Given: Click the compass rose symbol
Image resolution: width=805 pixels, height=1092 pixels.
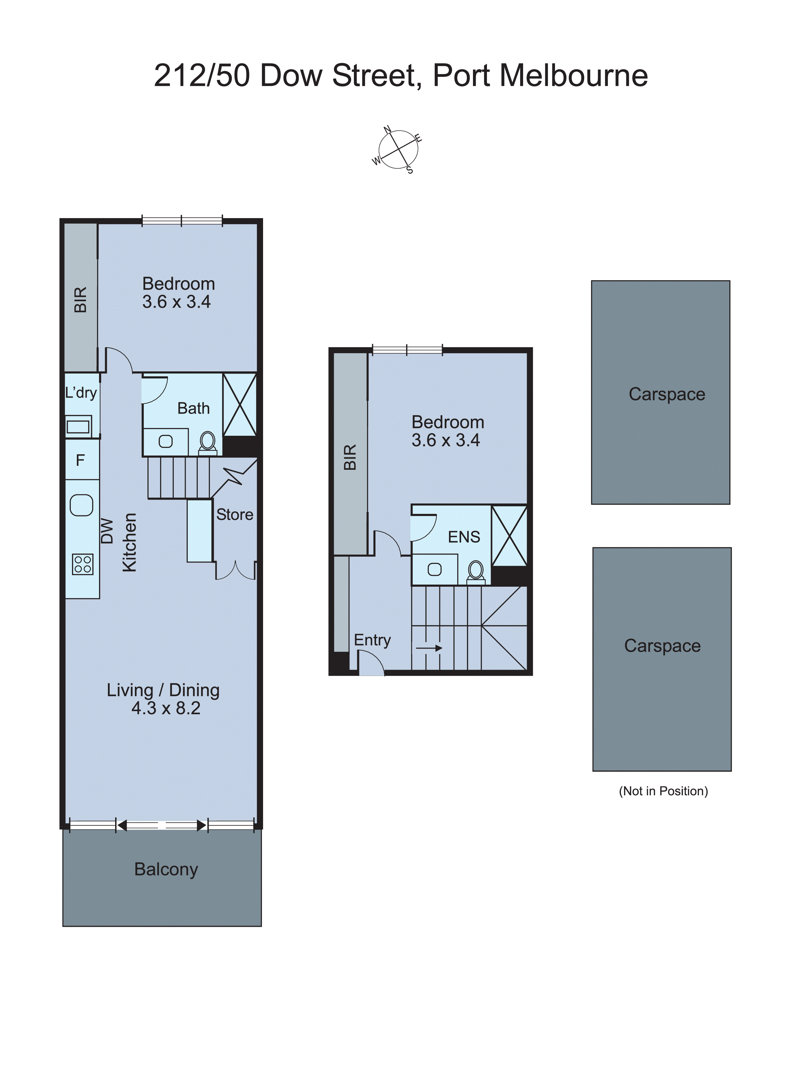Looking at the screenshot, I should [x=399, y=150].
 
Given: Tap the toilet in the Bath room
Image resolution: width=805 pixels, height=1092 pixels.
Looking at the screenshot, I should [x=208, y=442].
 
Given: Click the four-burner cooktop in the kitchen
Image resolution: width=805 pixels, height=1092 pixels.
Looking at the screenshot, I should [x=82, y=565].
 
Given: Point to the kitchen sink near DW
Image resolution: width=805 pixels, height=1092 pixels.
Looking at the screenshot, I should [x=81, y=505].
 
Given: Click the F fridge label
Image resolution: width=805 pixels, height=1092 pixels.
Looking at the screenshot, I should [x=80, y=460].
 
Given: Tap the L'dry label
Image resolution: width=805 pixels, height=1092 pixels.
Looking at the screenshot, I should [x=81, y=393].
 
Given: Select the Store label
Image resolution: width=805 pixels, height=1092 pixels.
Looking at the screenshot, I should [x=235, y=515].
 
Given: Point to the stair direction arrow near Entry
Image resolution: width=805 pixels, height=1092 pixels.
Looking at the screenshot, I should [x=429, y=648].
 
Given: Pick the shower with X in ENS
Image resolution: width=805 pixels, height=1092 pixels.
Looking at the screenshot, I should [x=509, y=536].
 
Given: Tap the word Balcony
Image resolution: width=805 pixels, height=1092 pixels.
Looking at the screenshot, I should [x=166, y=869].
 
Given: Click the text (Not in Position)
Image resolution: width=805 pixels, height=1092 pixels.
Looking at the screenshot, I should [x=663, y=791].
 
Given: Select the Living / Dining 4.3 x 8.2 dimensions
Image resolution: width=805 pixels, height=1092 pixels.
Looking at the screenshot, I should [x=166, y=708].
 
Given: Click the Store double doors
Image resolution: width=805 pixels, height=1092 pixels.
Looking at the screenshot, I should [x=235, y=571].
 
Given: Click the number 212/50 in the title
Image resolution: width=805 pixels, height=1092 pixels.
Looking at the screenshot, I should [x=202, y=76].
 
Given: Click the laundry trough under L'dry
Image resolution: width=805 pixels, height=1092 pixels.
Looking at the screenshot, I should [x=78, y=427].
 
